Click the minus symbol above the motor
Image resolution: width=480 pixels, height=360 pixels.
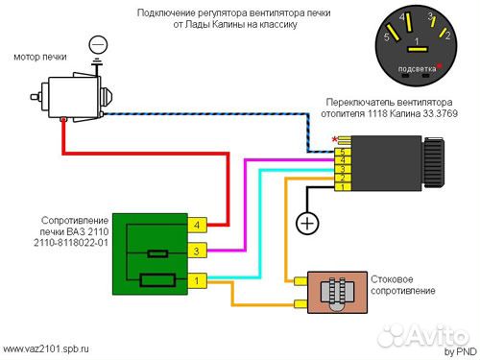(98, 45)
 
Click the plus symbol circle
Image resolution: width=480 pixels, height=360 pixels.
(307, 223)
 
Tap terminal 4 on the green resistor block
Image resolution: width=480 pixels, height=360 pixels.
(197, 225)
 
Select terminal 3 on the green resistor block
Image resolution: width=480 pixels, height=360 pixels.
(197, 251)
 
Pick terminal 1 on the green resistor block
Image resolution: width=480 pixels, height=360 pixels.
(197, 281)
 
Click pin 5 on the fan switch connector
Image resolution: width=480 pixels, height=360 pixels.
(343, 153)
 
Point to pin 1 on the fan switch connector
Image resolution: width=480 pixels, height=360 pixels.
(343, 187)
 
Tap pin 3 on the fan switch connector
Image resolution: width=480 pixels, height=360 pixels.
(343, 169)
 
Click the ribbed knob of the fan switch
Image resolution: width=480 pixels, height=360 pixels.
(433, 163)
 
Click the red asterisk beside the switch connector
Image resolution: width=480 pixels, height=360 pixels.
(335, 140)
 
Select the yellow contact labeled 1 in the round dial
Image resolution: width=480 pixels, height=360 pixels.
(418, 49)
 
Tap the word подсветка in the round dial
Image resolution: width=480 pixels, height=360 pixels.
(417, 69)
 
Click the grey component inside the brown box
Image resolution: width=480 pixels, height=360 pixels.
(337, 292)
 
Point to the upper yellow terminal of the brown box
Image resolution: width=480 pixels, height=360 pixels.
(300, 281)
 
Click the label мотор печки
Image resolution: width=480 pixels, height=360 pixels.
(40, 57)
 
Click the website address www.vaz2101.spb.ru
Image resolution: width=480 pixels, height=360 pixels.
(46, 348)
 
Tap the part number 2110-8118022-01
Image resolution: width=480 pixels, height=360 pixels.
(71, 243)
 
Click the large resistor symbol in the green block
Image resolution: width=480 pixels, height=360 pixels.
(157, 280)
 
